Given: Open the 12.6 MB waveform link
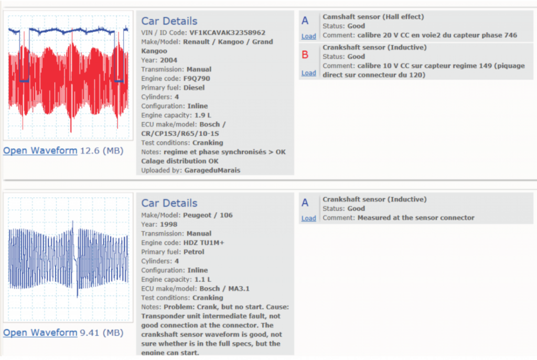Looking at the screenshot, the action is click(40, 150).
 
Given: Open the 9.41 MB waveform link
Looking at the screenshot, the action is click(40, 333).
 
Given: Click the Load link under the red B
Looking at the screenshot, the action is click(308, 73).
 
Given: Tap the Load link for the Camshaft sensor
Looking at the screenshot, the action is click(308, 36).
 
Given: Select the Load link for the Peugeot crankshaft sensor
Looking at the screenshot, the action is click(308, 219).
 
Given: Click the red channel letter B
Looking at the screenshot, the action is click(305, 54).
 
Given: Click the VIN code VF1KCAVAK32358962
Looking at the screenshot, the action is click(228, 32).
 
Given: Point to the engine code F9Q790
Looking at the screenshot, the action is click(197, 79).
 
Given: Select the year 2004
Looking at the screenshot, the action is click(168, 60).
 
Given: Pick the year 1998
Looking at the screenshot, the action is click(168, 224).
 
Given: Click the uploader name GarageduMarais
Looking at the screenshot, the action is click(212, 170).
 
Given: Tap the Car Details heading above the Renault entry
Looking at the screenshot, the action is click(169, 21).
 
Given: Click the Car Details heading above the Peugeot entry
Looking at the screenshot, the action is click(169, 203).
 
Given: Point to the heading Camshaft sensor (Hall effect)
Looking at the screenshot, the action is click(373, 16).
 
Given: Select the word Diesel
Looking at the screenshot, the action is click(194, 88).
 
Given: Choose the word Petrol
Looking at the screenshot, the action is click(194, 252).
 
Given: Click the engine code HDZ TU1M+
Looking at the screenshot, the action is click(204, 243).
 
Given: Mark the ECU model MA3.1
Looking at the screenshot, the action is click(239, 289).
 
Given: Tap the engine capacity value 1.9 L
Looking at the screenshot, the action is click(203, 115).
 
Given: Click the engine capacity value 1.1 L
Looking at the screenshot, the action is click(203, 280).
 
